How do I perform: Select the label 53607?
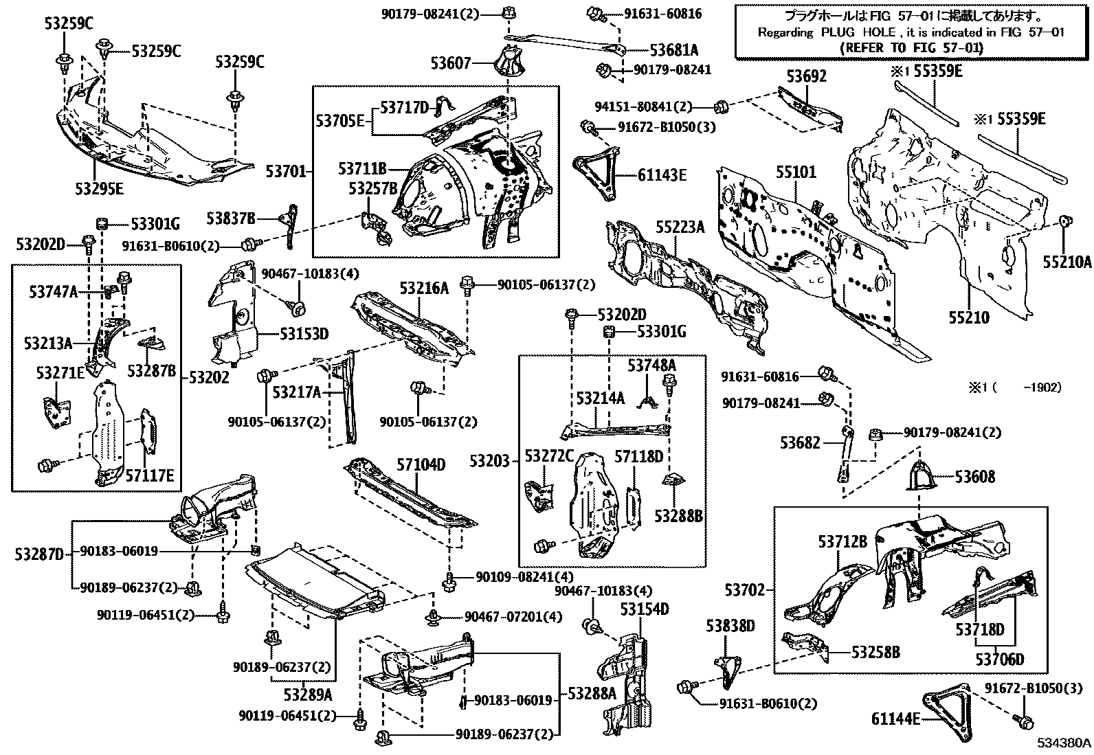coord(451,63)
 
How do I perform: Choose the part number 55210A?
coord(1067,261)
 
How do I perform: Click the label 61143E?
coord(662,175)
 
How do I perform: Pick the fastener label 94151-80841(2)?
coord(643,106)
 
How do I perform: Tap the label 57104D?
coord(421,465)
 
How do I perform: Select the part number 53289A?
coord(309,694)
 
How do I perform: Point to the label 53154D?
coord(645,609)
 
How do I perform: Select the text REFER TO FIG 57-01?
coord(911,47)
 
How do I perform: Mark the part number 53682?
coord(800,443)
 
